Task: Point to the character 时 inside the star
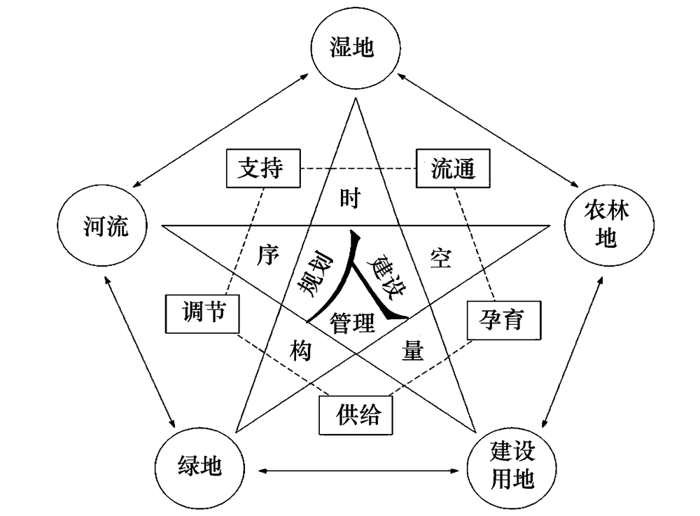(349, 199)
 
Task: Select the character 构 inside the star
(300, 349)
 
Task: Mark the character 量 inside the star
(413, 350)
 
